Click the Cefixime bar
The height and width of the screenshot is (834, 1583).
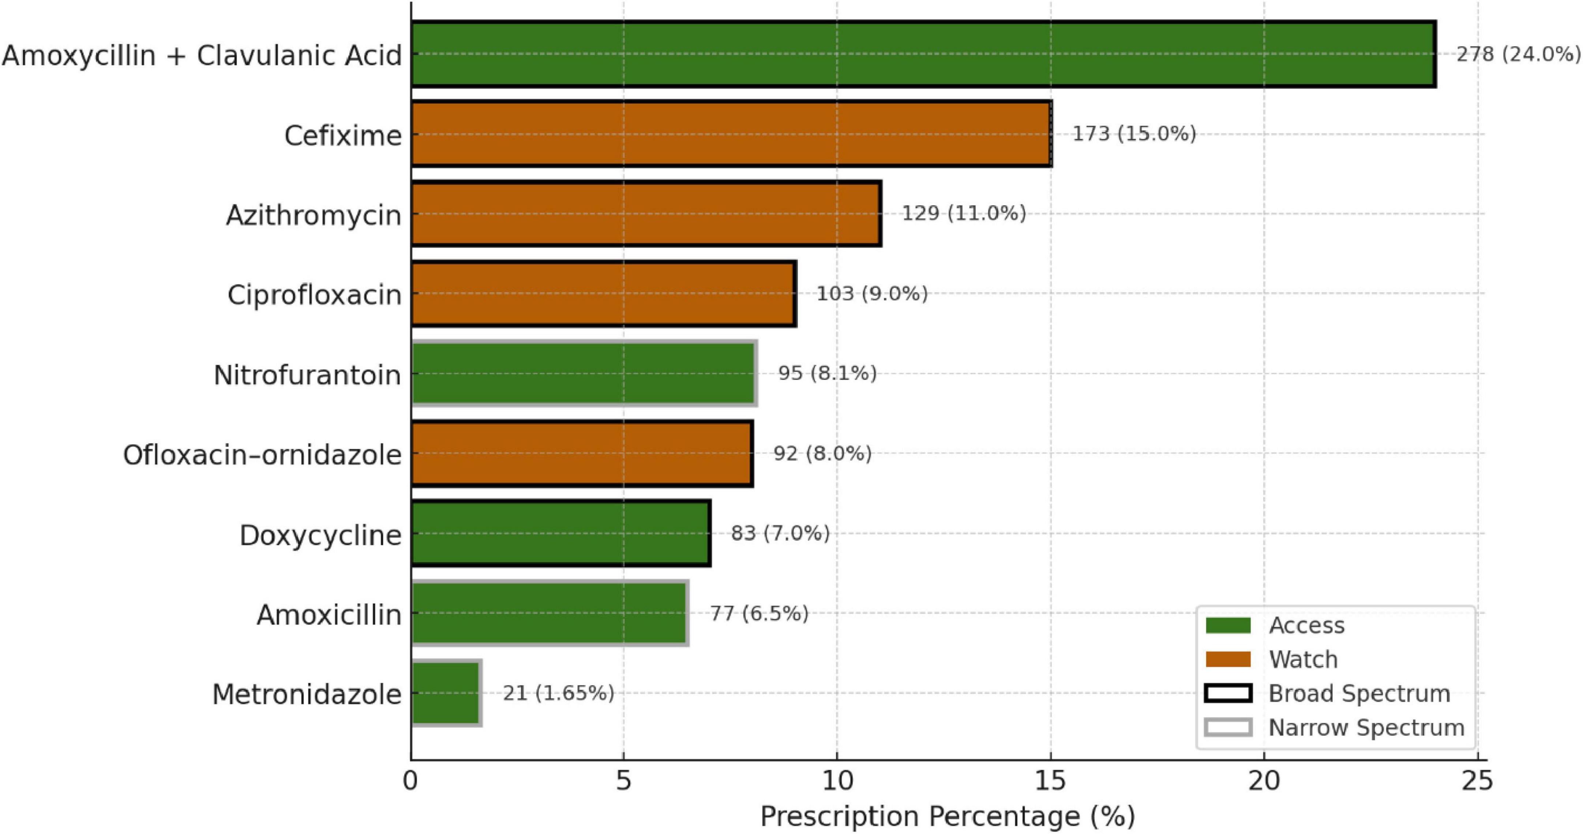tap(731, 134)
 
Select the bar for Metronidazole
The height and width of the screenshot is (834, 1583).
tap(446, 693)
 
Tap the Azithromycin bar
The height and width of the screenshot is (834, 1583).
tap(646, 214)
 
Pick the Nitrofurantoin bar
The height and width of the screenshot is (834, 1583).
tap(584, 373)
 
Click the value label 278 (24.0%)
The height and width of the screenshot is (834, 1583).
tap(1518, 55)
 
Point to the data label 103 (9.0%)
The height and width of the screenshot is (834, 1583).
tap(871, 294)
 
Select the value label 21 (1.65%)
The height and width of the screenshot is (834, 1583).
tap(558, 693)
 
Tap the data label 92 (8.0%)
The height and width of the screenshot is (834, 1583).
tap(822, 454)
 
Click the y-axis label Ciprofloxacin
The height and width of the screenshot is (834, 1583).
tap(314, 295)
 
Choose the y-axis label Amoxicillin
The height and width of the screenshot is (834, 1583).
tap(329, 615)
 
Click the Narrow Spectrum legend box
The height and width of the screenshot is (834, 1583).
tap(1228, 728)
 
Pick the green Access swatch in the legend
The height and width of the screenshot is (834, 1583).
tap(1228, 625)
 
